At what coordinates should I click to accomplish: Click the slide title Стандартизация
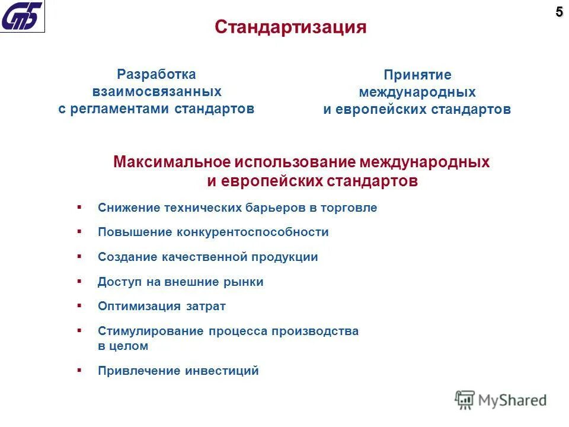click(x=290, y=27)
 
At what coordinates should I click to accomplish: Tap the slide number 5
click(x=559, y=12)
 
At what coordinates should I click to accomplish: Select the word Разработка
click(x=156, y=75)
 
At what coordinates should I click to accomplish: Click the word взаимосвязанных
click(x=156, y=92)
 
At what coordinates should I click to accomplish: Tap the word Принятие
click(x=417, y=75)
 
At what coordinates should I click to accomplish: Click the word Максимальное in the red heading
click(x=171, y=162)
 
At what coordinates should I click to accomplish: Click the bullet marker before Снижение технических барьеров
click(x=79, y=208)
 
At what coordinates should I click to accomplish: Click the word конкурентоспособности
click(x=252, y=232)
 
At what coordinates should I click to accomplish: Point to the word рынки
click(x=245, y=282)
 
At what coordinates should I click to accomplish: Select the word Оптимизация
click(x=139, y=307)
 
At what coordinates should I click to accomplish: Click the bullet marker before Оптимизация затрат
click(x=79, y=306)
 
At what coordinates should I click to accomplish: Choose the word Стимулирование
click(x=151, y=331)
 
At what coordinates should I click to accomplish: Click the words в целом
click(x=123, y=346)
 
